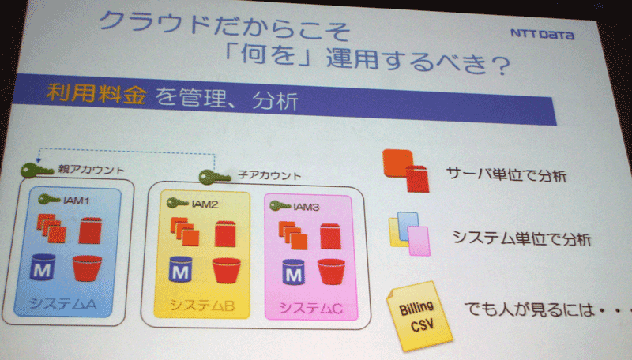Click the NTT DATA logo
point(542,34)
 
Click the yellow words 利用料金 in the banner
point(96,94)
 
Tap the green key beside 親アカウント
point(36,171)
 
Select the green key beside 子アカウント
point(214,177)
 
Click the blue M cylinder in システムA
point(43,267)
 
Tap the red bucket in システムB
point(226,270)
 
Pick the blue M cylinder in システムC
point(293,272)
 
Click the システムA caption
point(63,304)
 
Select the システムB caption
point(202,306)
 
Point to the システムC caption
point(311,309)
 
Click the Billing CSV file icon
point(419,316)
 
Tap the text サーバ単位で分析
point(506,175)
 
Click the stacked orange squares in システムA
point(51,228)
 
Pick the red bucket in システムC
point(331,272)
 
